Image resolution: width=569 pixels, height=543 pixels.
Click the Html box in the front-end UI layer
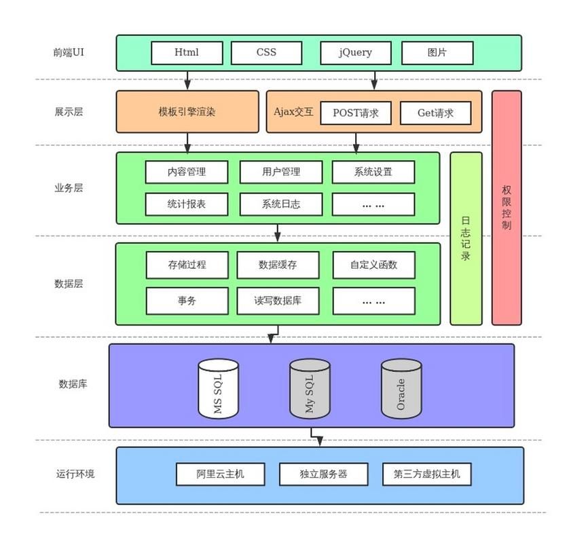pyautogui.click(x=187, y=52)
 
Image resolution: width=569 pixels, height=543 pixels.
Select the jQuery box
pyautogui.click(x=356, y=52)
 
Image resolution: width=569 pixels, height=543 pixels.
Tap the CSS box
pyautogui.click(x=266, y=52)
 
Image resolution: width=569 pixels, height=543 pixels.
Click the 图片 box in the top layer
pyautogui.click(x=437, y=52)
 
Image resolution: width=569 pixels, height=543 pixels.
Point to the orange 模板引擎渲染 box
pyautogui.click(x=187, y=111)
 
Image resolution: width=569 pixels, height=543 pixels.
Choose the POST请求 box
pyautogui.click(x=356, y=113)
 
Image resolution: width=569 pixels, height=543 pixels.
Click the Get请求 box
pyautogui.click(x=435, y=113)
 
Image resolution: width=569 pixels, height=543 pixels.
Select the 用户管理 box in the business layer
pyautogui.click(x=280, y=172)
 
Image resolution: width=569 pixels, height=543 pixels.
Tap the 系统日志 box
pyautogui.click(x=280, y=204)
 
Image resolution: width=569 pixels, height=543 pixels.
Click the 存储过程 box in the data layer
pyautogui.click(x=187, y=265)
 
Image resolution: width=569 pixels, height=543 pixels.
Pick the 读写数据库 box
pyautogui.click(x=277, y=300)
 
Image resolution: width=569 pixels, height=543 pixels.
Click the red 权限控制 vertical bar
pyautogui.click(x=507, y=208)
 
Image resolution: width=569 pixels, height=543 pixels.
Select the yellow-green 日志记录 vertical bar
pyautogui.click(x=466, y=238)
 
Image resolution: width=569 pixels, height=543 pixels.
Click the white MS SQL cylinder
pyautogui.click(x=218, y=388)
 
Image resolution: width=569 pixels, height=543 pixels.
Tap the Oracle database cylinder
pyautogui.click(x=401, y=388)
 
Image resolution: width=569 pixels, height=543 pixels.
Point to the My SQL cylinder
pyautogui.click(x=310, y=388)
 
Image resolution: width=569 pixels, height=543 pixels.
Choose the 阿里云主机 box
pyautogui.click(x=220, y=474)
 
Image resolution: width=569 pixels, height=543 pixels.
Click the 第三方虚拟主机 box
pyautogui.click(x=426, y=474)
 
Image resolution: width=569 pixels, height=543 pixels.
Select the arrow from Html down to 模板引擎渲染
pyautogui.click(x=187, y=80)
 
